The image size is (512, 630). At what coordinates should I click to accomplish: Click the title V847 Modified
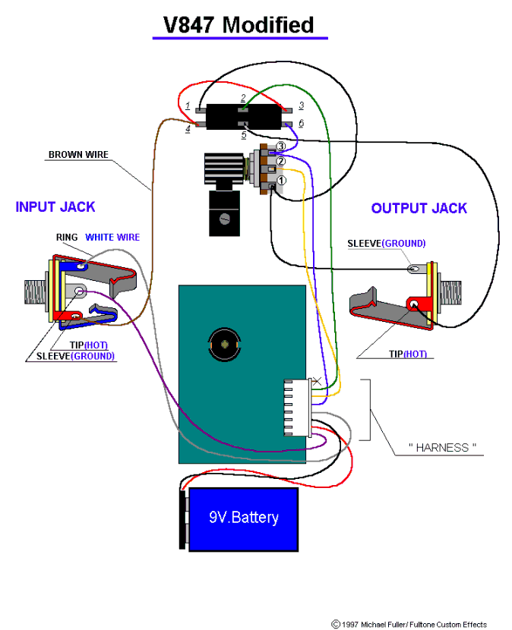(x=239, y=25)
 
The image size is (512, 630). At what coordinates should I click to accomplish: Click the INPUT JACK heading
(x=55, y=206)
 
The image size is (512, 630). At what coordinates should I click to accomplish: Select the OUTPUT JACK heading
(x=419, y=208)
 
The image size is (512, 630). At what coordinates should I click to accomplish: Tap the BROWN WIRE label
(x=78, y=155)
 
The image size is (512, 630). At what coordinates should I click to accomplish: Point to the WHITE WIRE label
(x=112, y=238)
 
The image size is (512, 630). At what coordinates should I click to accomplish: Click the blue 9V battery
(x=243, y=518)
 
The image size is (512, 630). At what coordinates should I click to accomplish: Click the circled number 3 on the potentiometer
(x=280, y=146)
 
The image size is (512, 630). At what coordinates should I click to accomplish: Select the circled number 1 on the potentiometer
(x=280, y=181)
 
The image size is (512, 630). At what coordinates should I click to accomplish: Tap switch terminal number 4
(x=188, y=130)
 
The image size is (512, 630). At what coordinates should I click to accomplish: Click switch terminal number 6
(x=301, y=123)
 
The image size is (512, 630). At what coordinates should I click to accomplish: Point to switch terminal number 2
(x=243, y=99)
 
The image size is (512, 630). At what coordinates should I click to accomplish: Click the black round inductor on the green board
(x=224, y=345)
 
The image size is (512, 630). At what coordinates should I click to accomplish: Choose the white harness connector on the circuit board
(x=297, y=408)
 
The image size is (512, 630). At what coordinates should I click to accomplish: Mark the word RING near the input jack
(x=67, y=238)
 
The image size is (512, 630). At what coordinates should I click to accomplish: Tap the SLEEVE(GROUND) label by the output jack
(x=386, y=244)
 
